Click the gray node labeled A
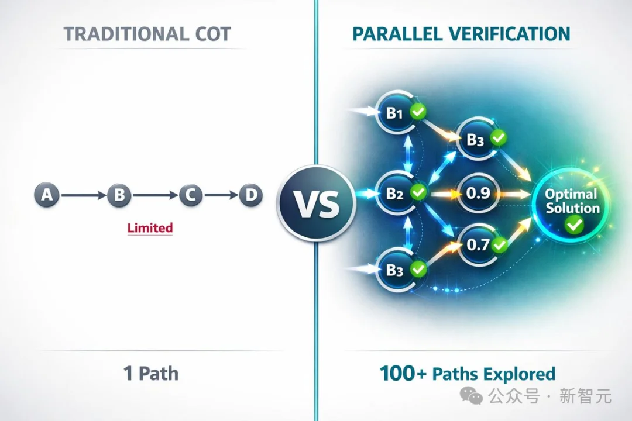coord(47,195)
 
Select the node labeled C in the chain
coord(191,195)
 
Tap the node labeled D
coord(250,195)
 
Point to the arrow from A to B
coord(84,195)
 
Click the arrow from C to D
coord(221,195)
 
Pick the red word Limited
coord(150,228)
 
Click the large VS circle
coord(317,203)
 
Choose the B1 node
coord(396,112)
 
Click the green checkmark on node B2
coord(418,192)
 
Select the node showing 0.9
coord(478,194)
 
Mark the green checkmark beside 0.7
coord(500,244)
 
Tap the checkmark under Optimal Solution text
coord(574,225)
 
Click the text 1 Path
coord(151,373)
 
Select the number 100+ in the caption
coord(403,374)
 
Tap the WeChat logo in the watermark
coord(471,395)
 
